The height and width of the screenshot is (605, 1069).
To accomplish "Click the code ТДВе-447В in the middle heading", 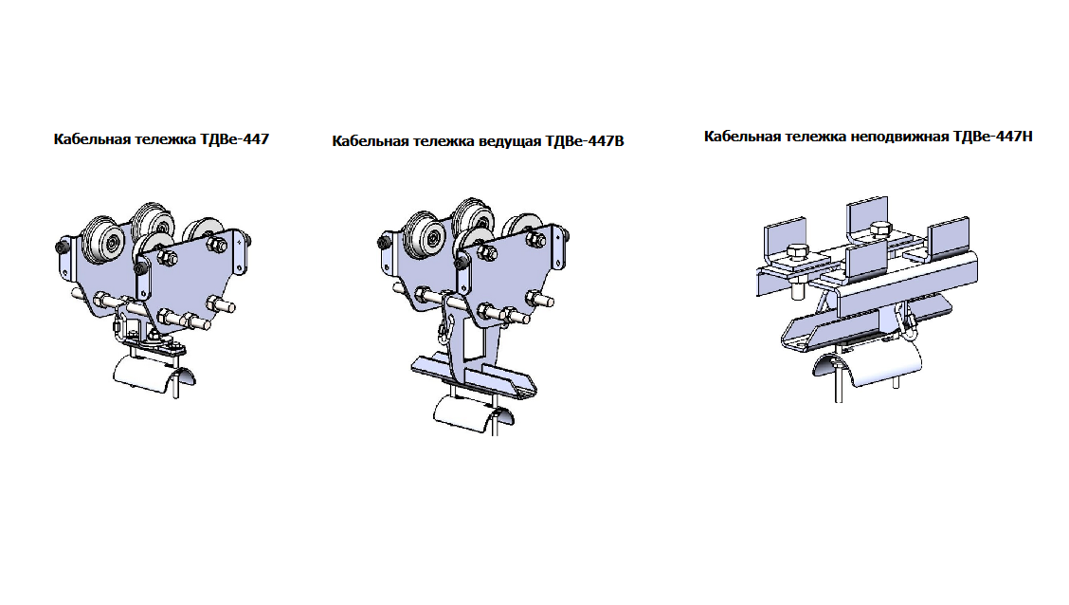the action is [x=585, y=141].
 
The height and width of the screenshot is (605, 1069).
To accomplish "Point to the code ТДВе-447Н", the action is [x=992, y=137].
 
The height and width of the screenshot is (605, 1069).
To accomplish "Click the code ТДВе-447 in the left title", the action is [x=234, y=139].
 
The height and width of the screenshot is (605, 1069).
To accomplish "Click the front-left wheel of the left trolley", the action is [x=103, y=239].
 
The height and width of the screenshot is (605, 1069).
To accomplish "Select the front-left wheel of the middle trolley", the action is [x=426, y=236].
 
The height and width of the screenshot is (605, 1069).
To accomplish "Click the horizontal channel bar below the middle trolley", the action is [x=475, y=376].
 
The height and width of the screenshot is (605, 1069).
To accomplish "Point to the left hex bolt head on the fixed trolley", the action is [x=798, y=252].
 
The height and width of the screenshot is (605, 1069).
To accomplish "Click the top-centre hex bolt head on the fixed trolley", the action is [x=880, y=229].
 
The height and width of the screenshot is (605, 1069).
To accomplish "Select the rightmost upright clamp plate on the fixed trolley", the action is [x=949, y=239].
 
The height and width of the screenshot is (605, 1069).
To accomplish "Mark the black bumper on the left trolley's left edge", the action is [x=61, y=247].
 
